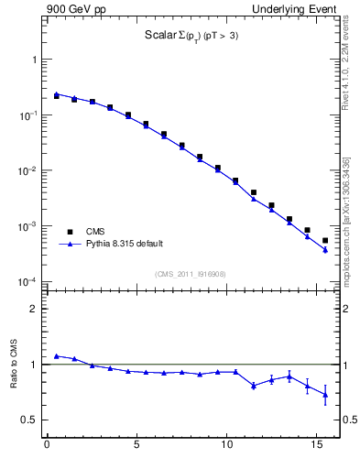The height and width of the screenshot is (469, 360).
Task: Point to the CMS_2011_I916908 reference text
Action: (x=191, y=273)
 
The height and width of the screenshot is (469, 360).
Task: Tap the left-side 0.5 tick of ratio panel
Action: (x=31, y=420)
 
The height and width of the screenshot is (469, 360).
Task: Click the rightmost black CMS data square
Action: (x=325, y=241)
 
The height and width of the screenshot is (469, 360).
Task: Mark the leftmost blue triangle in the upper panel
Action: (x=56, y=93)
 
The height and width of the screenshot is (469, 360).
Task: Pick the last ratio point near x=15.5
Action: (x=325, y=395)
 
